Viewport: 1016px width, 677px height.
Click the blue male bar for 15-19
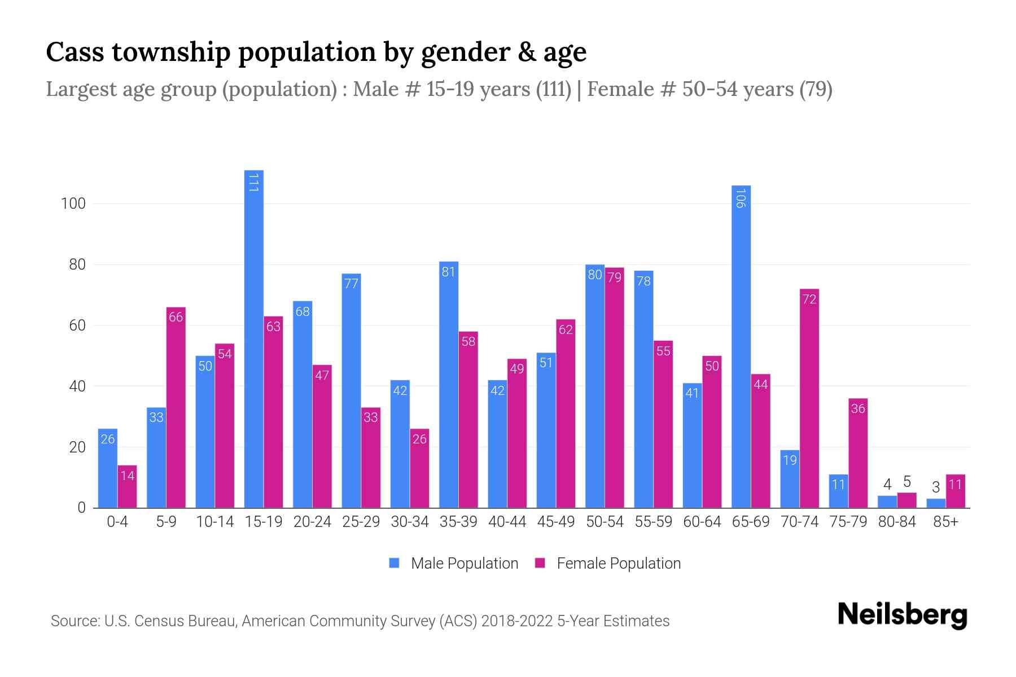[x=253, y=338]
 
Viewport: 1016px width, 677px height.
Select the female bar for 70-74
[x=809, y=398]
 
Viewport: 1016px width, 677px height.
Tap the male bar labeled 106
[x=741, y=347]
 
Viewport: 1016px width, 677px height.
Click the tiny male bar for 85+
[x=935, y=503]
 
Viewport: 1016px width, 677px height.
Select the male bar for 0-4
[x=107, y=468]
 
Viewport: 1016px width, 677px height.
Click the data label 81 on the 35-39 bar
[x=448, y=272]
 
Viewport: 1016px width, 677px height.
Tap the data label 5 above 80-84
[x=906, y=482]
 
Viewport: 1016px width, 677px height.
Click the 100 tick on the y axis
[x=73, y=204]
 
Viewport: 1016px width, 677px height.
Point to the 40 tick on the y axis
[x=77, y=386]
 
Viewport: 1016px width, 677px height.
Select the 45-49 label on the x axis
[x=555, y=522]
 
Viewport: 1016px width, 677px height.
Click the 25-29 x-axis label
[x=361, y=522]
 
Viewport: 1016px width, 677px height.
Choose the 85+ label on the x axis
[x=945, y=522]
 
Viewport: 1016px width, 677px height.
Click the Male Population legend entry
[x=464, y=563]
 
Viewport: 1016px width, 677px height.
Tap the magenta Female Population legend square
[x=540, y=563]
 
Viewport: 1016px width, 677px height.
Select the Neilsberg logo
[x=902, y=615]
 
